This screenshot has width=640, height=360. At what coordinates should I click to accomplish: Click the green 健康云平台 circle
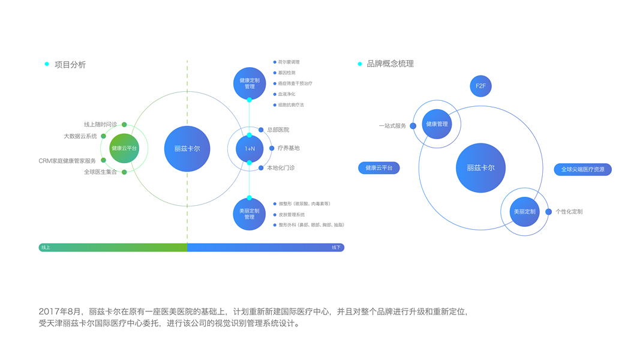click(124, 148)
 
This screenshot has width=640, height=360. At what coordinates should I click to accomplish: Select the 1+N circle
click(250, 148)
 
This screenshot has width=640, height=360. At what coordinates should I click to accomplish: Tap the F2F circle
click(480, 86)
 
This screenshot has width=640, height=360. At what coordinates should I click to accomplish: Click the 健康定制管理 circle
click(250, 83)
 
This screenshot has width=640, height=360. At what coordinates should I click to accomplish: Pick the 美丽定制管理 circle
click(250, 214)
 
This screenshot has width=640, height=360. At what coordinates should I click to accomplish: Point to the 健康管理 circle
click(437, 124)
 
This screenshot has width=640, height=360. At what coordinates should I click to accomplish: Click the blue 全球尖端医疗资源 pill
click(582, 170)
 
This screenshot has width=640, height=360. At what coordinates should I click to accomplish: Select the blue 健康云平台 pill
click(379, 168)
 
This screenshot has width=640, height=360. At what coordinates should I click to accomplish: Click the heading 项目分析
click(70, 65)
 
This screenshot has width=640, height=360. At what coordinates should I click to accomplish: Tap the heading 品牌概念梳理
click(390, 64)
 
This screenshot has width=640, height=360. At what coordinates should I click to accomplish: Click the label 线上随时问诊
click(100, 124)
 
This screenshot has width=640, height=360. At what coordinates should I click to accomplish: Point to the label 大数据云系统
click(80, 136)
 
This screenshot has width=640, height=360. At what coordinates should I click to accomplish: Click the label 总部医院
click(278, 130)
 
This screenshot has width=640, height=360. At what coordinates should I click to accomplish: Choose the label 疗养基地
click(289, 148)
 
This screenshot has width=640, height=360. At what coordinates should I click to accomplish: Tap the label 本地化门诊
click(281, 168)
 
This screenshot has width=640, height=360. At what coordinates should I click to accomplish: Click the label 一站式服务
click(392, 126)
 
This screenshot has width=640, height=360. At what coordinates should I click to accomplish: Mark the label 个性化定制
click(569, 212)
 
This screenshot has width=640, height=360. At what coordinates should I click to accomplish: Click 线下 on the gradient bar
click(336, 247)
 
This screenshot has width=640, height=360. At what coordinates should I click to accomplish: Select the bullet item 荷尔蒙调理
click(289, 62)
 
